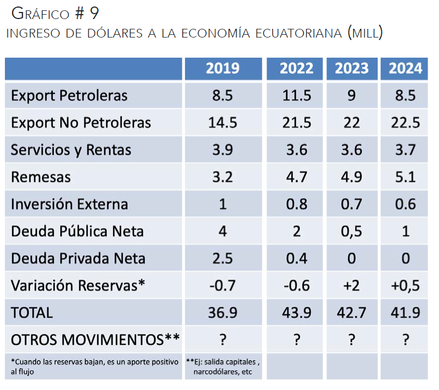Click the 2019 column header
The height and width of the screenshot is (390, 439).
(x=222, y=68)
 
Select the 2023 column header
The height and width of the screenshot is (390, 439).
(x=351, y=68)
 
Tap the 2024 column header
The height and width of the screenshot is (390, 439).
(x=405, y=68)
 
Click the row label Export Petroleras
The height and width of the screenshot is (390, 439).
(x=69, y=96)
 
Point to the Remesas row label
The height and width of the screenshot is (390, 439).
(x=41, y=177)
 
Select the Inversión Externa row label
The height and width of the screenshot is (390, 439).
(x=69, y=205)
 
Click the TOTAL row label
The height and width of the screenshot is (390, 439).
(x=32, y=313)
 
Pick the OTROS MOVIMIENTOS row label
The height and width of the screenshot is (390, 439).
(x=95, y=340)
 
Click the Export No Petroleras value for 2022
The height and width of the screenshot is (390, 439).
(x=296, y=123)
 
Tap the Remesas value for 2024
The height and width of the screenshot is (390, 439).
(x=405, y=177)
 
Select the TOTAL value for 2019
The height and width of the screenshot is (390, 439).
(x=222, y=313)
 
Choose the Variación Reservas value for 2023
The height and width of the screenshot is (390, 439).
(x=351, y=286)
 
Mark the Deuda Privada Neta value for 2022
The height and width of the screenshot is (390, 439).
(x=296, y=258)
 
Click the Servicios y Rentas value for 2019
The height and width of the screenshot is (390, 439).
(x=222, y=150)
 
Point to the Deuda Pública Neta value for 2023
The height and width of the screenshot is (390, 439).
(x=351, y=231)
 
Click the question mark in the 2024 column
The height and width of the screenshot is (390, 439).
(x=405, y=340)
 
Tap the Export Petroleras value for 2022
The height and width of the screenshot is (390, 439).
(x=296, y=96)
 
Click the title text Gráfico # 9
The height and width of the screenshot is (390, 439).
(x=54, y=13)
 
